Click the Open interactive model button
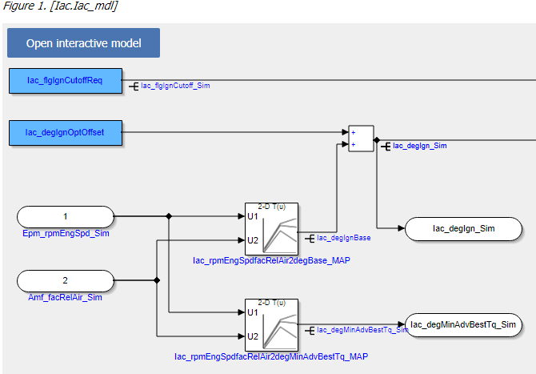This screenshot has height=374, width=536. coord(83,43)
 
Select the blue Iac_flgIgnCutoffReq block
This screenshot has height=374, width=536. coord(65,81)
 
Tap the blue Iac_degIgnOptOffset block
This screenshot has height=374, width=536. coord(65,133)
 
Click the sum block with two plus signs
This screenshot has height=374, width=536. coord(361,138)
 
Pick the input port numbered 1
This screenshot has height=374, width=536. coord(66,216)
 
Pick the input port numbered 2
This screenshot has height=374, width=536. coord(66,281)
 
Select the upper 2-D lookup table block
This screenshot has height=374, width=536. coord(271,228)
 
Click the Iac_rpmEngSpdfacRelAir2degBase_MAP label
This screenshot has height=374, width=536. coord(271,260)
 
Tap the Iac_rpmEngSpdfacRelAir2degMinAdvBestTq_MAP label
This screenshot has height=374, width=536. coord(271,356)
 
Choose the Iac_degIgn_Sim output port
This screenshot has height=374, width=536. coord(463,229)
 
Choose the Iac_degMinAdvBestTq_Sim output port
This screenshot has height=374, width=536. coord(463,324)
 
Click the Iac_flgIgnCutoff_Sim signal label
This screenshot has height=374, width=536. coord(175,84)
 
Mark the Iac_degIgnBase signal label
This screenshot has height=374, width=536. coord(344,237)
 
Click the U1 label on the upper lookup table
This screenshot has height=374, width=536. coord(253,216)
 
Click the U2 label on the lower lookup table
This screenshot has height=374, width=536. coord(253,336)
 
